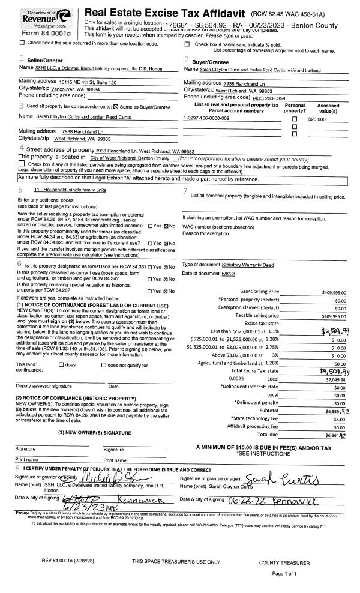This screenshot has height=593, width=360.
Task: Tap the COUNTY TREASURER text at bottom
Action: [x=285, y=563]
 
